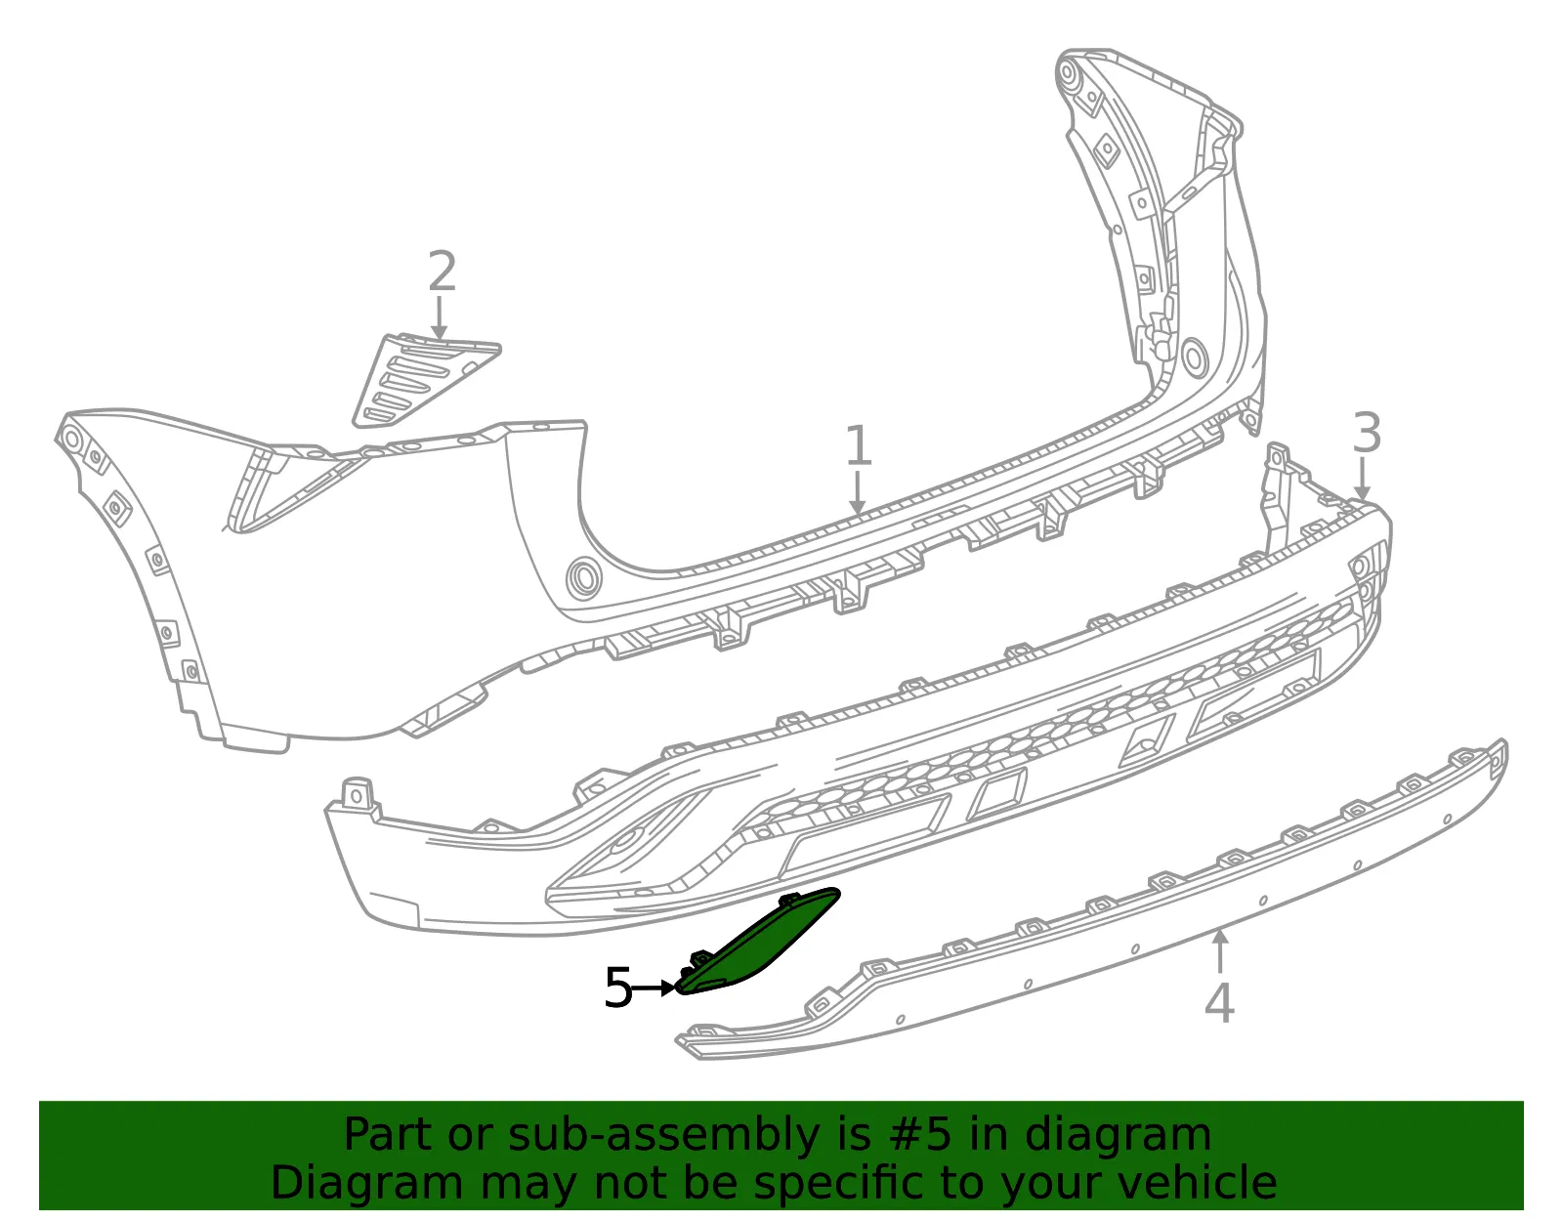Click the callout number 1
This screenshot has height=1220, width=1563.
pyautogui.click(x=858, y=445)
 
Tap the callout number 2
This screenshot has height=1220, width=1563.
pyautogui.click(x=442, y=271)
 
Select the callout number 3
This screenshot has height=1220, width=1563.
pyautogui.click(x=1367, y=433)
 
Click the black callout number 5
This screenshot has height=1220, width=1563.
pyautogui.click(x=617, y=988)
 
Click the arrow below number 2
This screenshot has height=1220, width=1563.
pyautogui.click(x=439, y=317)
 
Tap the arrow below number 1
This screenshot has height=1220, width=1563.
pyautogui.click(x=857, y=493)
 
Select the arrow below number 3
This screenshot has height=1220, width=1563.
pyautogui.click(x=1362, y=480)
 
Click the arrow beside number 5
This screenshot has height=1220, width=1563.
pyautogui.click(x=654, y=989)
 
